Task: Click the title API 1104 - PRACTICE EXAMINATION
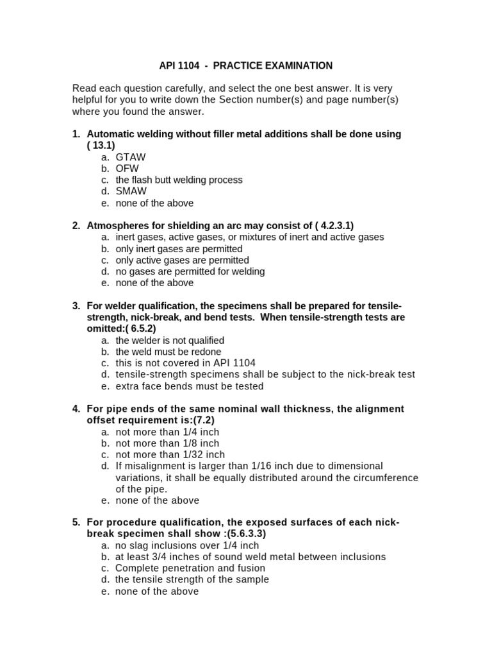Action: point(245,65)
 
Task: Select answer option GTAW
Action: point(131,157)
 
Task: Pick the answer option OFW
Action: point(127,169)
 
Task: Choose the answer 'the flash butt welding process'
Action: point(179,180)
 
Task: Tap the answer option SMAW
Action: point(131,191)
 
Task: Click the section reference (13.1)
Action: point(101,146)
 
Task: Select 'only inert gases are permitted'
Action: point(179,248)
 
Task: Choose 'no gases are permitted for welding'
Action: point(190,271)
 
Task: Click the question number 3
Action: point(76,305)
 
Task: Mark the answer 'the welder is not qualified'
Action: point(170,340)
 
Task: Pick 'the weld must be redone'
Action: point(168,352)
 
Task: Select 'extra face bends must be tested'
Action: point(189,386)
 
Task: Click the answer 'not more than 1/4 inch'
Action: point(167,432)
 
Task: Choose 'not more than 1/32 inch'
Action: point(170,455)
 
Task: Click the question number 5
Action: point(76,522)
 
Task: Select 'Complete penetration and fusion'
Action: point(190,568)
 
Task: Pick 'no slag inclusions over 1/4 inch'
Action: point(187,545)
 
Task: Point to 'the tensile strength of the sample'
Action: point(192,579)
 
